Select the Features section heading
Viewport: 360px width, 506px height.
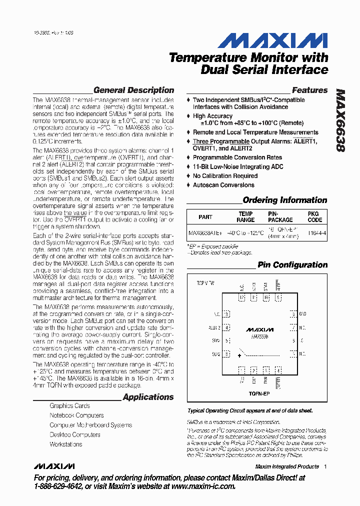pos(309,90)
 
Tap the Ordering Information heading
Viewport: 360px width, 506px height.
pos(284,200)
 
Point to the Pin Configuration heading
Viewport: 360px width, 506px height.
pos(292,265)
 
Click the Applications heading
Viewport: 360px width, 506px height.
pos(148,397)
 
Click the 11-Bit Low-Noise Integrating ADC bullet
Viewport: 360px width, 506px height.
pos(238,166)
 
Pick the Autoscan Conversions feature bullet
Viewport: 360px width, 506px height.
pos(223,185)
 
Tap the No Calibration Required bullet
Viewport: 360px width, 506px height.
pos(225,176)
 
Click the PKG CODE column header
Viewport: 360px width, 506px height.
pos(314,216)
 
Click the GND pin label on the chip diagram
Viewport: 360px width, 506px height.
pos(302,314)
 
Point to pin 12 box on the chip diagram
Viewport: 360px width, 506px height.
pos(293,314)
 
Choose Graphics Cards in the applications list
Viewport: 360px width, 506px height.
pos(69,406)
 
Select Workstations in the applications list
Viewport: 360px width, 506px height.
pos(66,444)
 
